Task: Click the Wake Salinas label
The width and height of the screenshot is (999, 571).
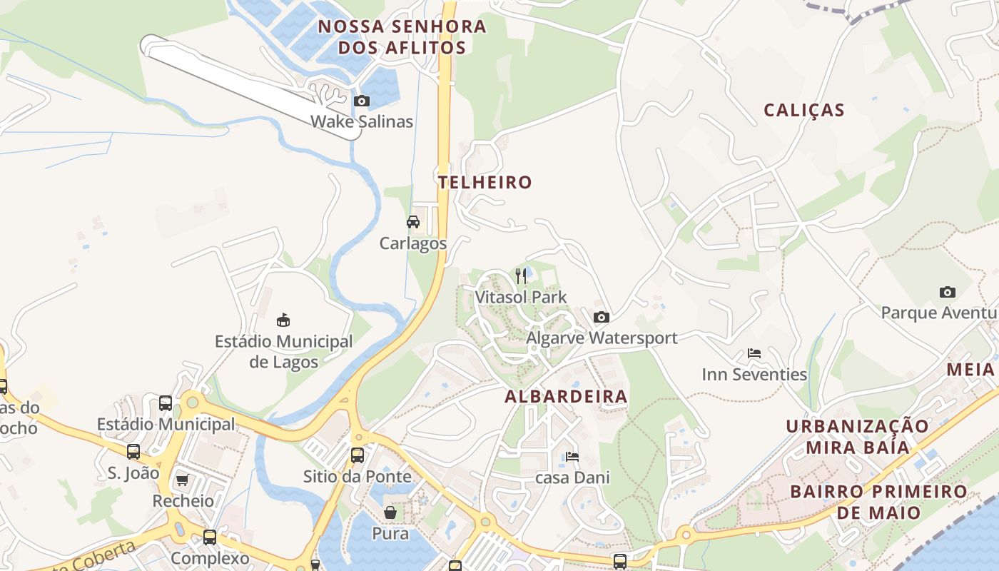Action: coord(361,121)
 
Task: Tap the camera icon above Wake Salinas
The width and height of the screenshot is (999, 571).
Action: coord(362,101)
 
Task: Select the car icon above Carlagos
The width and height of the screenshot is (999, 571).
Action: coord(413,221)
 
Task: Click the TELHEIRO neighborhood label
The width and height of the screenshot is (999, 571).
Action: coord(485,182)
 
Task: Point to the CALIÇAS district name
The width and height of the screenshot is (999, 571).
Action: coord(804,110)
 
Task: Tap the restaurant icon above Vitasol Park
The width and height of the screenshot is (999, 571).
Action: coord(521,276)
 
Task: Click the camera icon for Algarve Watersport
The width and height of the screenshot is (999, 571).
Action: coord(602,317)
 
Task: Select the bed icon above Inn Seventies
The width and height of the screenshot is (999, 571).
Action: coord(754,353)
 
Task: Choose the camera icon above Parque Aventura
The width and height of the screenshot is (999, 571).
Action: coord(948,292)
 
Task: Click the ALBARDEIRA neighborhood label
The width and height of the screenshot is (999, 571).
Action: coord(567,397)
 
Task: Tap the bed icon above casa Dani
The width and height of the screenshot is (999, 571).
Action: coord(572,457)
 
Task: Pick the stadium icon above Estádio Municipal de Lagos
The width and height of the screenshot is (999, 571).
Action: coord(283,319)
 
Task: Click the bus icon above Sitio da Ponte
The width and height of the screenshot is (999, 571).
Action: coord(357,455)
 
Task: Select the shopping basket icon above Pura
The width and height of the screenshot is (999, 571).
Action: coord(390,512)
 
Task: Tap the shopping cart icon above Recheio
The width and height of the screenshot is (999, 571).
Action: coord(183,480)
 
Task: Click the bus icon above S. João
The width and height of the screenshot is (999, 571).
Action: coord(133,451)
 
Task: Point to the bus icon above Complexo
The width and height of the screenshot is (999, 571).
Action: coord(210,537)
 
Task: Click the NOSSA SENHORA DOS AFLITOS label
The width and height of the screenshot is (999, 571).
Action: coord(402,37)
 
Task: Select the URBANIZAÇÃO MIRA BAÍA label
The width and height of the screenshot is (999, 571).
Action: coord(858,437)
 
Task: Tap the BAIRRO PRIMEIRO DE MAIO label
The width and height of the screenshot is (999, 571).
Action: coord(878,502)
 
